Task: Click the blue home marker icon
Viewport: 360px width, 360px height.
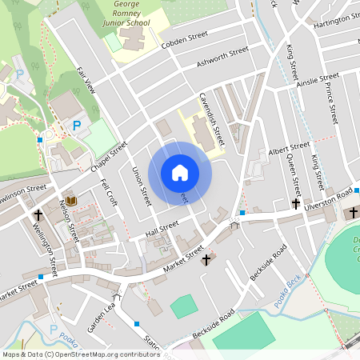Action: (x=180, y=172)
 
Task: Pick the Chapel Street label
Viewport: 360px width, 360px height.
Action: (x=110, y=157)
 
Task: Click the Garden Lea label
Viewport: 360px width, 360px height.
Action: (x=102, y=314)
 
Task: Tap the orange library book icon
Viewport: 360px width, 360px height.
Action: (x=70, y=199)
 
